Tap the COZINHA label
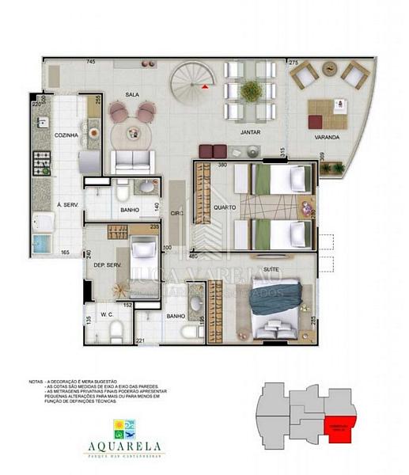pyautogui.click(x=66, y=135)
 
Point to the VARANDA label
pyautogui.click(x=328, y=137)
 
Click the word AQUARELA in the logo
pyautogui.click(x=131, y=446)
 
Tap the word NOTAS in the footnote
pyautogui.click(x=36, y=381)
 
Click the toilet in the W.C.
pyautogui.click(x=117, y=336)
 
